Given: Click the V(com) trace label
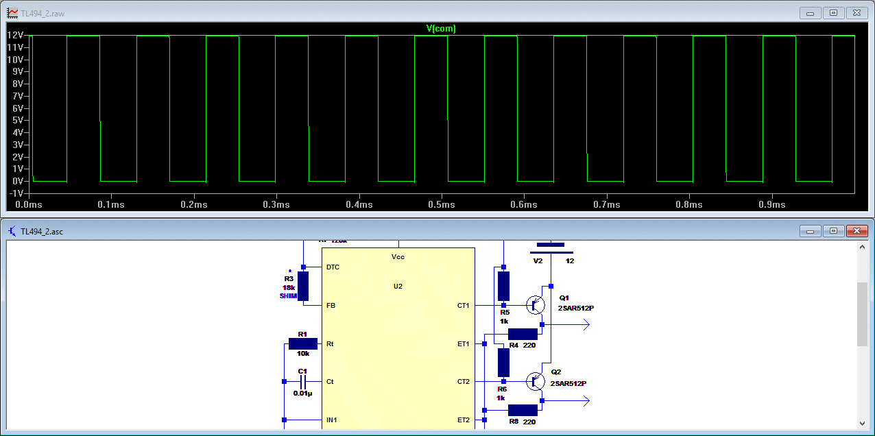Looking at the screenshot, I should (441, 29).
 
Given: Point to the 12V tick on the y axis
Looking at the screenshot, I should (16, 35).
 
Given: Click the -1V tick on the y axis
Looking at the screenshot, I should (16, 193).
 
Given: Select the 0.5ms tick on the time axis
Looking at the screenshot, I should (442, 205).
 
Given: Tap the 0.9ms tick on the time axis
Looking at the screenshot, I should (772, 205).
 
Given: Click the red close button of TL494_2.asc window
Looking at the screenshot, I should (856, 231).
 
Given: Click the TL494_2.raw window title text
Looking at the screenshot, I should (44, 13).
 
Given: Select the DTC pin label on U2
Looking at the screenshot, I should (333, 267).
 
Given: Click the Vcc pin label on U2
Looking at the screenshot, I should (398, 256).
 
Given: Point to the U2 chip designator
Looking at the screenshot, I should (398, 286).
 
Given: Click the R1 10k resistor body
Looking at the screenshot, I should (302, 343).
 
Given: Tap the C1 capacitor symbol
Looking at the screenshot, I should (302, 381).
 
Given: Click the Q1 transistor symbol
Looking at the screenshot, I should (535, 305).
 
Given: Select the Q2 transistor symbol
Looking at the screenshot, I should (535, 381).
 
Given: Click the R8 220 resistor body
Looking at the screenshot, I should (523, 410).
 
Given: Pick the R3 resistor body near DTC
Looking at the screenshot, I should (302, 286).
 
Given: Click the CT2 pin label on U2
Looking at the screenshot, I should (464, 382).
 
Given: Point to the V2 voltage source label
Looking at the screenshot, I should (538, 261).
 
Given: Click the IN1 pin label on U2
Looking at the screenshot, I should (332, 420).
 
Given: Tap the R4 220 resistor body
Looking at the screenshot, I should (523, 333).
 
